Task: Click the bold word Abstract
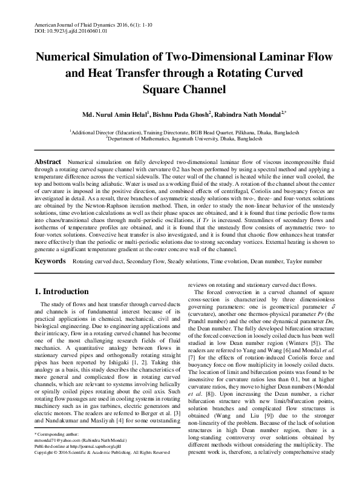48,163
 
